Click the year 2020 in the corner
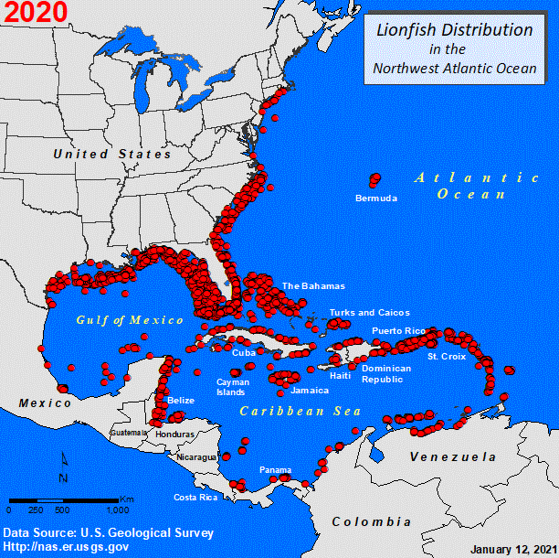pyautogui.click(x=35, y=13)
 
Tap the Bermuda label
pyautogui.click(x=376, y=198)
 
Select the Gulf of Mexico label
pyautogui.click(x=130, y=320)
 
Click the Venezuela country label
pyautogui.click(x=452, y=456)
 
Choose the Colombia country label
pyautogui.click(x=371, y=521)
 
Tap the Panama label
pyautogui.click(x=275, y=469)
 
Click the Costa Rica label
pyautogui.click(x=195, y=497)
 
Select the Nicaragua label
pyautogui.click(x=198, y=456)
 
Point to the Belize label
pyautogui.click(x=181, y=401)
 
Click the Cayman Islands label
pyautogui.click(x=230, y=387)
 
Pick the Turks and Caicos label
pyautogui.click(x=369, y=312)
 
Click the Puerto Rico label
pyautogui.click(x=398, y=330)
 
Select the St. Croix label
pyautogui.click(x=446, y=356)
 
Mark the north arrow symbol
pyautogui.click(x=63, y=467)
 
